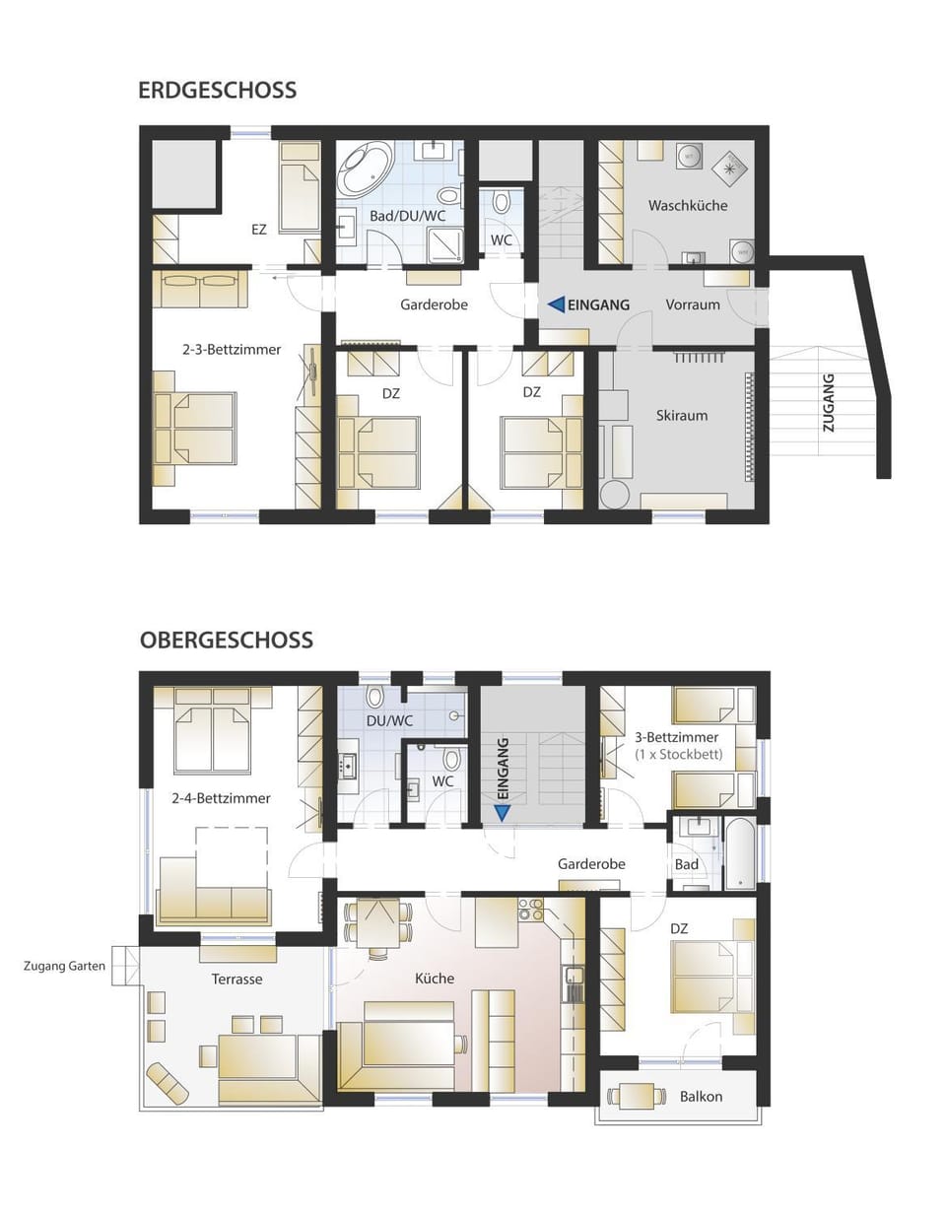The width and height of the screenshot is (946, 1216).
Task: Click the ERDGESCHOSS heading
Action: pos(217,90)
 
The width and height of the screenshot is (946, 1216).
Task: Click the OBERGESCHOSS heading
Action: pos(226,640)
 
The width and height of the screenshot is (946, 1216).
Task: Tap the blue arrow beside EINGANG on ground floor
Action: pos(556,304)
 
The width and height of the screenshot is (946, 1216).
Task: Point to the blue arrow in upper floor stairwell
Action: pos(503,813)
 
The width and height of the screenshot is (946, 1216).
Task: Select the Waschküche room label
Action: pos(687,205)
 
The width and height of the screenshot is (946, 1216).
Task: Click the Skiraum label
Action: pos(681,415)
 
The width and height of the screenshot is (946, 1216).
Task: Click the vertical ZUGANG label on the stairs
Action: pos(828,402)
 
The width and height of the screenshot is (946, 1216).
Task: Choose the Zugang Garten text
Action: pos(64,966)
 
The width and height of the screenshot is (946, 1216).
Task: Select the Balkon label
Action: pos(701,1096)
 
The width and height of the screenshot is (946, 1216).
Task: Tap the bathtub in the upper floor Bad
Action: pos(738,853)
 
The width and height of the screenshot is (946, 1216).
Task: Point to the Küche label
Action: pos(434,978)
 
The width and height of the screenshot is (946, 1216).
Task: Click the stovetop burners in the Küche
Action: pos(531,909)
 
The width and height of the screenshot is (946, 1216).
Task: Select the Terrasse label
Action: pos(236,979)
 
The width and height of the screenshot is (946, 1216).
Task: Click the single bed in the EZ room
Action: pos(299,195)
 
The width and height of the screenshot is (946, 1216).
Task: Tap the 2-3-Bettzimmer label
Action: pos(232,349)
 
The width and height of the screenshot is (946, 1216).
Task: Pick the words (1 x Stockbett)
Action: pos(678,754)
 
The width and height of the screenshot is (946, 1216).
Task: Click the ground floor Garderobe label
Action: pos(434,304)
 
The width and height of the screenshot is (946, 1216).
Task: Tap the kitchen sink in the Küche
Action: pos(574,979)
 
